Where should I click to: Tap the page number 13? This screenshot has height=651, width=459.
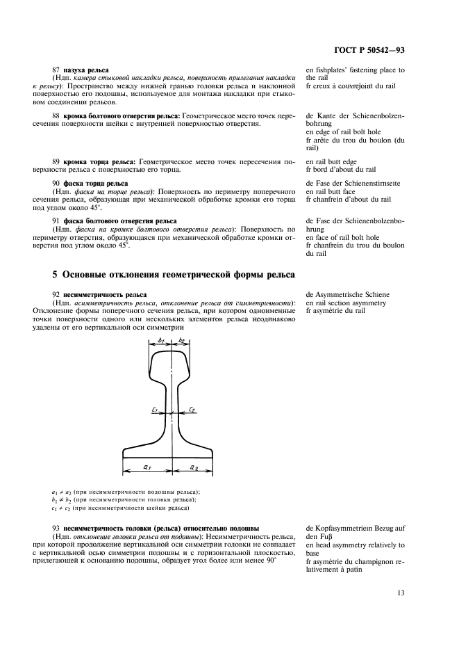(x=401, y=594)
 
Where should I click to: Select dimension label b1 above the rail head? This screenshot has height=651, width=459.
(x=160, y=341)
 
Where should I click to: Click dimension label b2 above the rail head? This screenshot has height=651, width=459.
(x=181, y=341)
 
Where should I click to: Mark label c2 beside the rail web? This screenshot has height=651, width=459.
(x=191, y=410)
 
